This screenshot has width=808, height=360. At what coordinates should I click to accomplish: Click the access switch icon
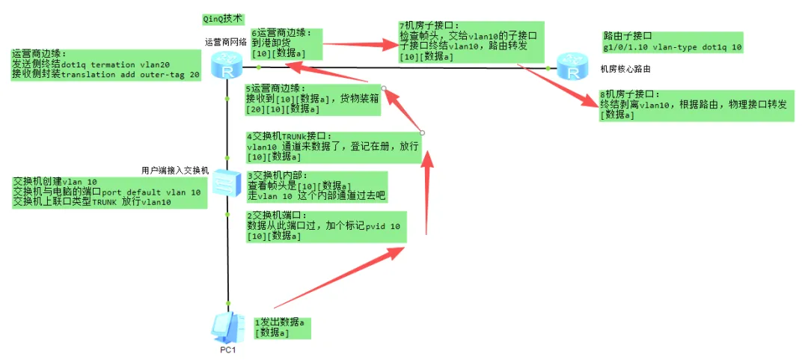226,182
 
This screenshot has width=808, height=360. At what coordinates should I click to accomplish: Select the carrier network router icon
225,68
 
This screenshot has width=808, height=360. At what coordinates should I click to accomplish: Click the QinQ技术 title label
223,18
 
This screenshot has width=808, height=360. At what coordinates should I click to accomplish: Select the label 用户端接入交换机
175,170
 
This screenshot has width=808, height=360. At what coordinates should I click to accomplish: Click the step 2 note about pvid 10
325,225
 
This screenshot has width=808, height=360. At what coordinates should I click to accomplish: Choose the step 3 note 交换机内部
317,186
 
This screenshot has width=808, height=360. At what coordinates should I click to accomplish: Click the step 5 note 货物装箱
313,99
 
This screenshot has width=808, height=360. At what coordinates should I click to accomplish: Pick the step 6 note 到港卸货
287,43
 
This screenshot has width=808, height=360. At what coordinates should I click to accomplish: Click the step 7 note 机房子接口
471,41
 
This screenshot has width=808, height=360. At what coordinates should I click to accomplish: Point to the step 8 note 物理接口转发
696,105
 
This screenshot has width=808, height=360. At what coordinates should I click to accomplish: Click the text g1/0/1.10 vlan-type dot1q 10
673,46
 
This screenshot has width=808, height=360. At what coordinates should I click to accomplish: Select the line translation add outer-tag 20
106,75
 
